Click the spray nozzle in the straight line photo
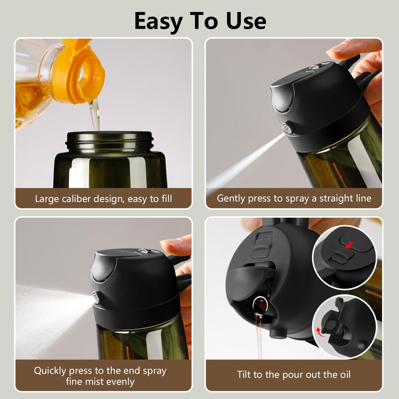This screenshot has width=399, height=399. tap(288, 129)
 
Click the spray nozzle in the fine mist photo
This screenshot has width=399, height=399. tap(95, 299)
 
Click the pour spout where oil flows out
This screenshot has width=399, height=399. tap(260, 305)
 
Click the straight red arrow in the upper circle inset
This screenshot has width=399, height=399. tap(349, 245)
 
